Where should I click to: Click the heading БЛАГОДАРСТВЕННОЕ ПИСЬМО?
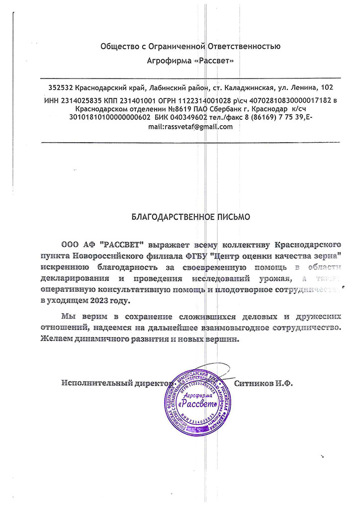pyautogui.click(x=191, y=217)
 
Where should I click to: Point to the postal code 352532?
pyautogui.click(x=61, y=87)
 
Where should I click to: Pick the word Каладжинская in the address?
pyautogui.click(x=245, y=87)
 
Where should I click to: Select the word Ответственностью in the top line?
pyautogui.click(x=247, y=47)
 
